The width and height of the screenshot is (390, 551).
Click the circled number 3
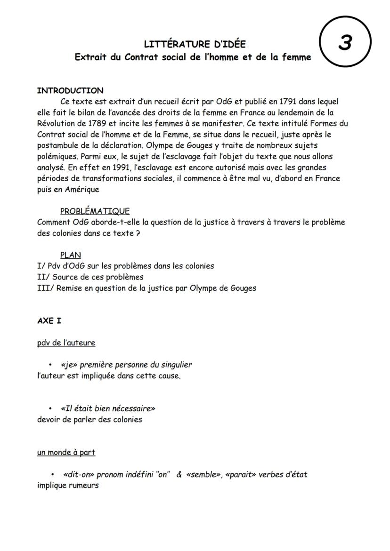coord(345,42)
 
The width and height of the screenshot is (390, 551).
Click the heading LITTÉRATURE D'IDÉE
coord(195,45)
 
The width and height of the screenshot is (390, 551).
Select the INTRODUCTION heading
coord(70,90)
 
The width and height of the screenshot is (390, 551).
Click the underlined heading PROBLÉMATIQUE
coord(95,211)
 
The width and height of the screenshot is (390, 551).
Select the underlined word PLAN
coord(71,255)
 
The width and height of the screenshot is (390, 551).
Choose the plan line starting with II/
coord(90,277)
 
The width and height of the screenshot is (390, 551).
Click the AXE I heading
coord(49,321)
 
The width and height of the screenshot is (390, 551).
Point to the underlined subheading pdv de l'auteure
coord(66,343)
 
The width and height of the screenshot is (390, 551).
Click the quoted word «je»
coord(69,365)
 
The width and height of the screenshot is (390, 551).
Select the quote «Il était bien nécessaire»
coord(108,408)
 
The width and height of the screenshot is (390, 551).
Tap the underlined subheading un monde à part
coord(66,452)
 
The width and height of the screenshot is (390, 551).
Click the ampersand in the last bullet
coord(179,474)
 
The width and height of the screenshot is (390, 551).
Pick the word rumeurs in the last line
coord(83,485)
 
